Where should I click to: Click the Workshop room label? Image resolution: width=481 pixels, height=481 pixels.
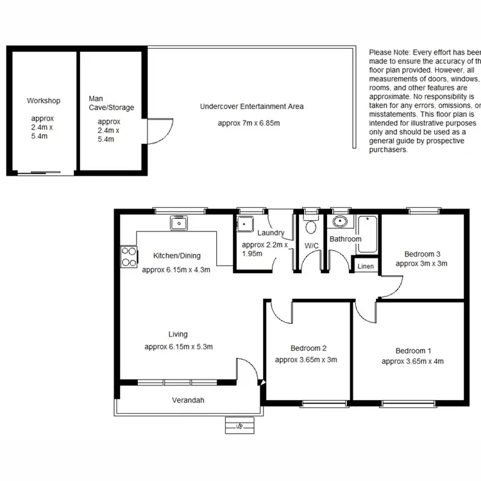pos(43,101)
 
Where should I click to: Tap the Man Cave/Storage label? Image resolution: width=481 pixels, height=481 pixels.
pos(112,103)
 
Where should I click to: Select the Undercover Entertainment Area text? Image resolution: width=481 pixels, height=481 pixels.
pos(251,106)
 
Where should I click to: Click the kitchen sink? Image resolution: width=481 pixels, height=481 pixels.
pos(178,223)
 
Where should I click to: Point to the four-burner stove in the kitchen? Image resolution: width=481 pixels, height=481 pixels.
pos(129,257)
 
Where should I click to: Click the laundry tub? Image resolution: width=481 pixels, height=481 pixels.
pos(244,225)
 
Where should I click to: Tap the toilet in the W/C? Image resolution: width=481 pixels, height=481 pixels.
pos(311,226)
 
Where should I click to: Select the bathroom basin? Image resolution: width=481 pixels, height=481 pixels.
pos(339,223)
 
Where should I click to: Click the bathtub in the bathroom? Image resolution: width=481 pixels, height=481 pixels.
pos(368,234)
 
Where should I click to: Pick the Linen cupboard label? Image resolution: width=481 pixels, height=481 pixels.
pos(365,266)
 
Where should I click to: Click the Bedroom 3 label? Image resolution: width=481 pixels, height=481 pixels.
pos(421,253)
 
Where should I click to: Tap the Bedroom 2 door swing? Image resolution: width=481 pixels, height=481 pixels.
pos(280,312)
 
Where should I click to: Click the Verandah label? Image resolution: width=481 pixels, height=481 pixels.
pos(187,400)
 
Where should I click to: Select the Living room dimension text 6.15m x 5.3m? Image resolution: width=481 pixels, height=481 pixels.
pos(178,347)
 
